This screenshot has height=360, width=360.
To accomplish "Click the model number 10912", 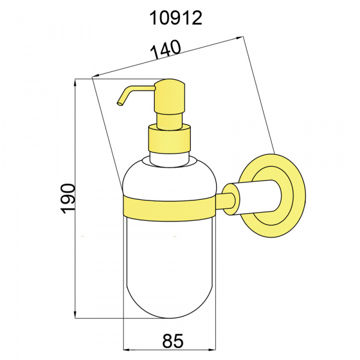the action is [x=176, y=19].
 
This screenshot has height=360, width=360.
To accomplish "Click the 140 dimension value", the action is [x=166, y=50].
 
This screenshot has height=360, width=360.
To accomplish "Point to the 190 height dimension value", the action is [x=68, y=199].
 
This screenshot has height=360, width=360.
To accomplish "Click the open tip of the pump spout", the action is [x=120, y=103].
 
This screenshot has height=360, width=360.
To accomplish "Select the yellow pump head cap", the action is [x=170, y=96].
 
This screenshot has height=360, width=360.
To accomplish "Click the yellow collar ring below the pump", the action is [x=169, y=139].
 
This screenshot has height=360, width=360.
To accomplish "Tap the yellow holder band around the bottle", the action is [x=169, y=209].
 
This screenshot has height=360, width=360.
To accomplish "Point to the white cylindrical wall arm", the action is [x=255, y=197].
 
